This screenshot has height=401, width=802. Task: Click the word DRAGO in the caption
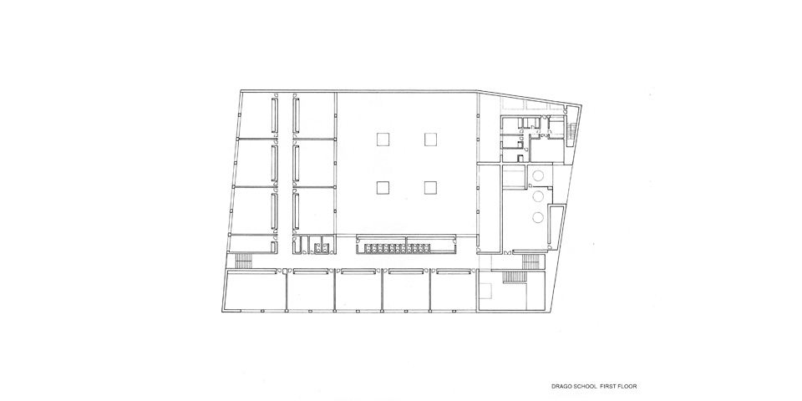pyautogui.click(x=561, y=387)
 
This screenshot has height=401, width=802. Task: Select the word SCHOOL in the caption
pyautogui.click(x=585, y=387)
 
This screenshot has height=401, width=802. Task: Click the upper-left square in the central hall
pyautogui.click(x=383, y=140)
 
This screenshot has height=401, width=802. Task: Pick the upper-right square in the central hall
pyautogui.click(x=431, y=140)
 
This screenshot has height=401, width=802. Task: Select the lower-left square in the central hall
pyautogui.click(x=383, y=188)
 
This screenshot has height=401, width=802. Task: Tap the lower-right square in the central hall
pyautogui.click(x=431, y=188)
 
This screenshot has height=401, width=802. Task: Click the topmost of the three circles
pyautogui.click(x=537, y=176)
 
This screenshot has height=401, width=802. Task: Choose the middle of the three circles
pyautogui.click(x=537, y=195)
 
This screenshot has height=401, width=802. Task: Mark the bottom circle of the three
pyautogui.click(x=537, y=217)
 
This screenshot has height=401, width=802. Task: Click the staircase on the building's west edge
pyautogui.click(x=243, y=260)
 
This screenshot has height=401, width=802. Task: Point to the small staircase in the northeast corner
pyautogui.click(x=572, y=130)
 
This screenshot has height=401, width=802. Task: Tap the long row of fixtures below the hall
pyautogui.click(x=395, y=248)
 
